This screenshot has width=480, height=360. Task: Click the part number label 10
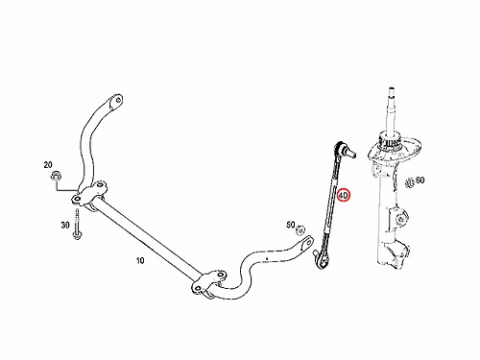click(140, 260)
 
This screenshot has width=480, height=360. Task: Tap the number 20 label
click(48, 165)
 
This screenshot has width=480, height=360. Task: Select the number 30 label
click(65, 226)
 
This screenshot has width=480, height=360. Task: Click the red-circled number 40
click(344, 195)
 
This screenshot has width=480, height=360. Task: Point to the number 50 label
click(291, 226)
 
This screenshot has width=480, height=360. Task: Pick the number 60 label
click(420, 180)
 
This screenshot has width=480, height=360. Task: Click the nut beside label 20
click(57, 176)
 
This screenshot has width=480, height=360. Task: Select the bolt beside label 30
click(77, 224)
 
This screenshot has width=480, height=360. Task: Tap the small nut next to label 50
click(300, 230)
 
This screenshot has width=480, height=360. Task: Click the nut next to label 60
click(409, 183)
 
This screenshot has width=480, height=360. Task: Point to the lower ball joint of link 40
click(321, 260)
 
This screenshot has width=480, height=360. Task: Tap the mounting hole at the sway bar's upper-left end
click(118, 101)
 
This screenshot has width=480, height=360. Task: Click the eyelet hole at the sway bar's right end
click(308, 242)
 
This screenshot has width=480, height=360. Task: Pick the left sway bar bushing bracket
click(89, 196)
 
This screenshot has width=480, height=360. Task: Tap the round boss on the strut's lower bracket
click(401, 219)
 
